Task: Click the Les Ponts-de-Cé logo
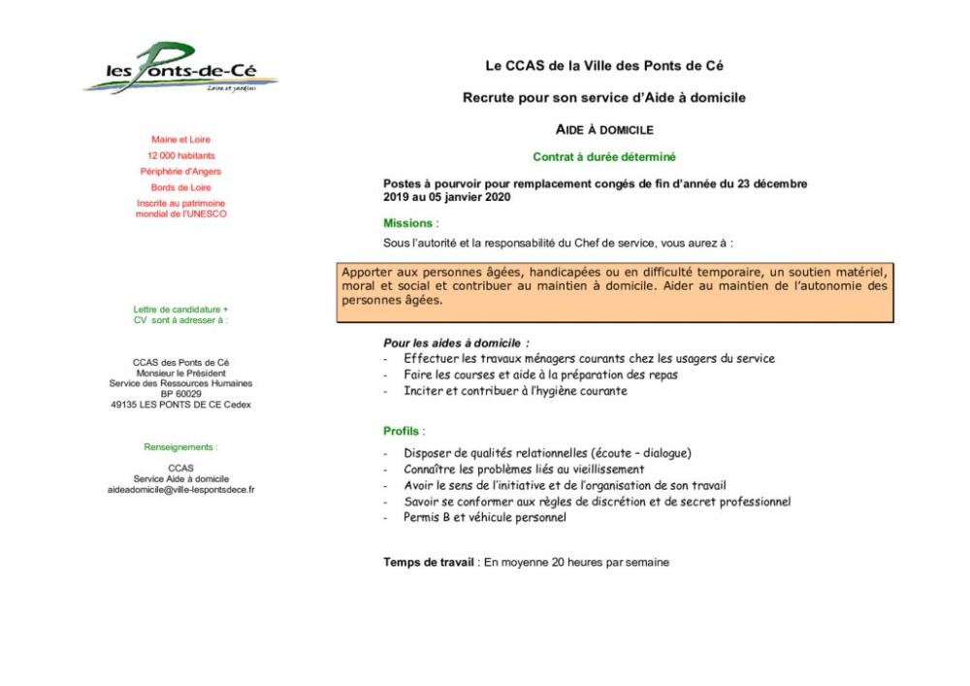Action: [x=180, y=70]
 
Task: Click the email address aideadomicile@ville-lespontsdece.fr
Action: [x=180, y=490]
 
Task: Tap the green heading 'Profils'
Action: [x=403, y=431]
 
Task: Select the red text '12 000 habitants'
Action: [x=181, y=155]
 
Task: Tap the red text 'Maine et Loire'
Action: [x=180, y=140]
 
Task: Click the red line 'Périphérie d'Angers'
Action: [x=180, y=172]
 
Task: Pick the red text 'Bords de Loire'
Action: [x=180, y=187]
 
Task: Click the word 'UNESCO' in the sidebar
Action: [x=205, y=213]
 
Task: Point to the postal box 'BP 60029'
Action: [x=180, y=394]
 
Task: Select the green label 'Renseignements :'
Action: [x=180, y=447]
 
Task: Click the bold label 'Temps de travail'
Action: [x=428, y=562]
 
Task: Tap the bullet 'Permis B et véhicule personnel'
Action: [x=485, y=517]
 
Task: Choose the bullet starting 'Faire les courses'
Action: [x=540, y=375]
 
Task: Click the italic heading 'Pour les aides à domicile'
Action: [x=456, y=343]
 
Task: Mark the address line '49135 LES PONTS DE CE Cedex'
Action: [x=180, y=405]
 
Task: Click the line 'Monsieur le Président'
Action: [x=180, y=373]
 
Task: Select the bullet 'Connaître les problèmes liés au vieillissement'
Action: [x=524, y=470]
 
